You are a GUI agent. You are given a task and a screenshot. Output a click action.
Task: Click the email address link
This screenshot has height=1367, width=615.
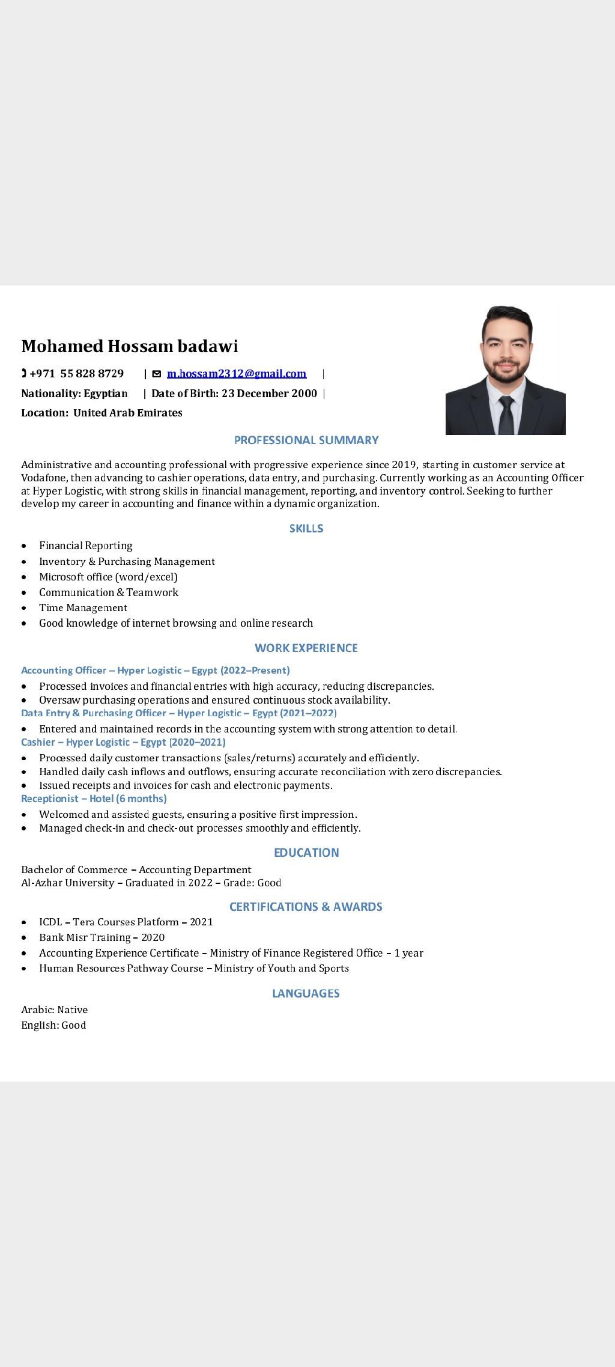pos(236,374)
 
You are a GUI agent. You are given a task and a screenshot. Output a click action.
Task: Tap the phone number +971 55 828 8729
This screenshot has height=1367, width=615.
pos(76,374)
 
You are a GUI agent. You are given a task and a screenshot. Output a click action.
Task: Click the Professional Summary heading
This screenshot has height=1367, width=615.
pos(306,440)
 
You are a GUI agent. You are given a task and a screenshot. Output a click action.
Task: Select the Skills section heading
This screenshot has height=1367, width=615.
pos(306,528)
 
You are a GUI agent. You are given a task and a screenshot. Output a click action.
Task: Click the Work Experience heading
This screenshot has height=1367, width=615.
pos(306,648)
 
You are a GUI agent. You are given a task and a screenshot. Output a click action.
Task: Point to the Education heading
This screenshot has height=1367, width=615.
pos(306,853)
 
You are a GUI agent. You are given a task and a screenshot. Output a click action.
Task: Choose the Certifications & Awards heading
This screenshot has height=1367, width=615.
pos(306,907)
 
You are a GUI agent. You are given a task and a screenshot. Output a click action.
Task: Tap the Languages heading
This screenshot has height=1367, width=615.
pos(306,993)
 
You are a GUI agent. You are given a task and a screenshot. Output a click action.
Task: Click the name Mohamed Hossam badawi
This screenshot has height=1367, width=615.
pos(130,346)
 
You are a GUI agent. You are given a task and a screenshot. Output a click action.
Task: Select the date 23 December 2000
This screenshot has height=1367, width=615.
pos(269,394)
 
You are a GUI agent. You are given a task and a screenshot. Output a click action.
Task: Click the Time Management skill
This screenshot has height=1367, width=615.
pos(83,607)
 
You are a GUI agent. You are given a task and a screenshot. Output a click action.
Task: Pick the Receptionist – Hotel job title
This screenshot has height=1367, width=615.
pos(94,799)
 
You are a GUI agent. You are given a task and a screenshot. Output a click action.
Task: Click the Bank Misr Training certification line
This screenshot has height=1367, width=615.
pos(101,937)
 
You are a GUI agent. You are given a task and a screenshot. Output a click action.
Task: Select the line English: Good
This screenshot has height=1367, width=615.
pos(53,1025)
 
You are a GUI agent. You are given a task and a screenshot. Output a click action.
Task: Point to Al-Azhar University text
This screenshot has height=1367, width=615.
pos(67,883)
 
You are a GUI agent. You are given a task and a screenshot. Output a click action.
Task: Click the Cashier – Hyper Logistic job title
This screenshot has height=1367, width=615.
pos(123,742)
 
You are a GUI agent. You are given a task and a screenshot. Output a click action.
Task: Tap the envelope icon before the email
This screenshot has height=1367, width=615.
pos(157,374)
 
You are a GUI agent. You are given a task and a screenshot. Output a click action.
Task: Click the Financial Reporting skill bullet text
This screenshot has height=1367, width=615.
pos(86,546)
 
